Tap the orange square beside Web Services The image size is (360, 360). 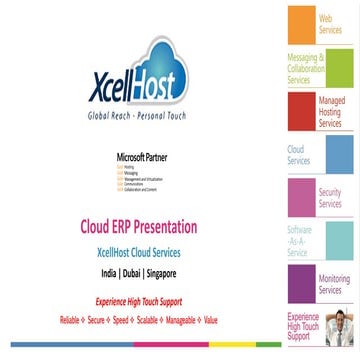coord(301,25)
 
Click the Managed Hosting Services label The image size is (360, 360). coord(330,112)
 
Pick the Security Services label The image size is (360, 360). coord(330,198)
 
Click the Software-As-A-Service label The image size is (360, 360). coord(300,241)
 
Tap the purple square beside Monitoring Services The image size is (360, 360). coord(300,284)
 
